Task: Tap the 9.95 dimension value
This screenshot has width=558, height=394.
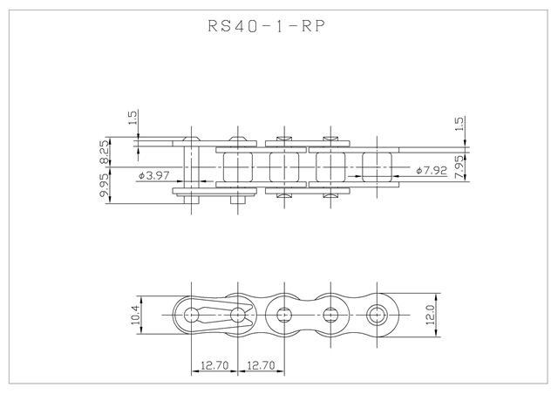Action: click(105, 186)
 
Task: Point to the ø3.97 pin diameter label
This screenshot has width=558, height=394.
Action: click(156, 175)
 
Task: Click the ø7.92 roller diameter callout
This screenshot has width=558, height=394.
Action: click(432, 170)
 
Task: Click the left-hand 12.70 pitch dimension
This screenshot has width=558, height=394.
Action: click(214, 366)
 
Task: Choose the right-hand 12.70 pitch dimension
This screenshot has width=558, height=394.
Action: click(262, 366)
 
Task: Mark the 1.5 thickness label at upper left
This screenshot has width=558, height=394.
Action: click(133, 119)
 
